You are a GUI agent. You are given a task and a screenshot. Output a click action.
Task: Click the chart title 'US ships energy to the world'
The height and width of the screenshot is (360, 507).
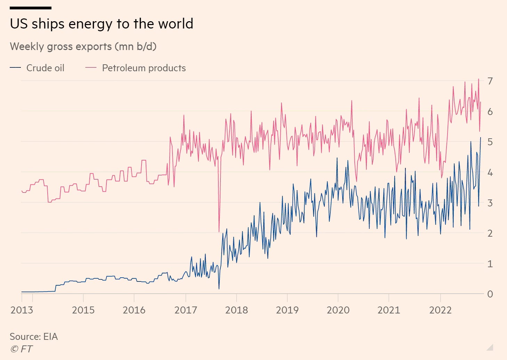pyautogui.click(x=101, y=24)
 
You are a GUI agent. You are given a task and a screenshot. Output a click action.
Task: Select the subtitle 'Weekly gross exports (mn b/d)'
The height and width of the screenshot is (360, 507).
pyautogui.click(x=83, y=47)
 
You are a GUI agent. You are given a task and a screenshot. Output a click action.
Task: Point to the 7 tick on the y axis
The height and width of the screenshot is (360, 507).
pyautogui.click(x=490, y=81)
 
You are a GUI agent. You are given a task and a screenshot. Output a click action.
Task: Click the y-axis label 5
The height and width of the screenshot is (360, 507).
pyautogui.click(x=490, y=142)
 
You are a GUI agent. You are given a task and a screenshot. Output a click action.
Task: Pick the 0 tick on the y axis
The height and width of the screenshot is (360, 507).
pyautogui.click(x=490, y=294)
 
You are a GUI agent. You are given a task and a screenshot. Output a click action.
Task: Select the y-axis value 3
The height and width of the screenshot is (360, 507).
pyautogui.click(x=490, y=203)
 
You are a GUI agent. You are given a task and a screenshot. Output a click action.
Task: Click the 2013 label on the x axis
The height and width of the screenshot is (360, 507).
pyautogui.click(x=22, y=310)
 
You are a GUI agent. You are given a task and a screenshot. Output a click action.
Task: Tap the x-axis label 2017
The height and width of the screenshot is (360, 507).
pyautogui.click(x=185, y=310)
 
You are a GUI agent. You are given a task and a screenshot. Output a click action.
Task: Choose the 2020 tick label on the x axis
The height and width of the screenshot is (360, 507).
pyautogui.click(x=338, y=310)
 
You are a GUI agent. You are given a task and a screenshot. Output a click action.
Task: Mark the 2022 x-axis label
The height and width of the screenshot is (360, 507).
pyautogui.click(x=440, y=310)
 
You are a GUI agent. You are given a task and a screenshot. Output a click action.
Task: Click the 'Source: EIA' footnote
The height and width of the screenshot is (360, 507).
pyautogui.click(x=34, y=336)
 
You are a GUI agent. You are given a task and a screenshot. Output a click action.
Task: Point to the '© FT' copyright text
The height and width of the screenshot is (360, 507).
pyautogui.click(x=22, y=349)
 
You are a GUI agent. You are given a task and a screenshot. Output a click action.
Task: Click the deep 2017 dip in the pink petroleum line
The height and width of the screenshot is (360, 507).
pyautogui.click(x=219, y=231)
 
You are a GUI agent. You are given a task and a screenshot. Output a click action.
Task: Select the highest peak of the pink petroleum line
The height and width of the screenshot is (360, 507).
pyautogui.click(x=478, y=79)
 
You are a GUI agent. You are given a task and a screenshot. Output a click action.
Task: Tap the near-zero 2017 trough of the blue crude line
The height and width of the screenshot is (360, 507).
pyautogui.click(x=219, y=288)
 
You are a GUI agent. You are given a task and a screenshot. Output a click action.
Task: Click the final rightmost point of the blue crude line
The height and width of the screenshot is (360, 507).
pyautogui.click(x=481, y=138)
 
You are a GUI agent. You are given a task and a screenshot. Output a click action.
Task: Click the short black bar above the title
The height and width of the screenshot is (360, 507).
pyautogui.click(x=31, y=8)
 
